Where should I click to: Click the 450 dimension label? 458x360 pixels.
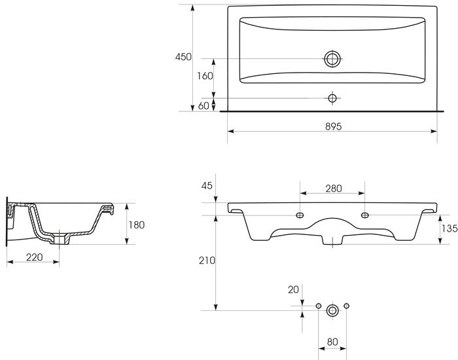(x=183, y=57)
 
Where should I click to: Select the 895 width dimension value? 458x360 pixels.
(x=333, y=126)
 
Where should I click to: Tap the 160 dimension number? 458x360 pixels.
(x=205, y=76)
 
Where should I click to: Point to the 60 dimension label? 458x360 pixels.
(x=203, y=106)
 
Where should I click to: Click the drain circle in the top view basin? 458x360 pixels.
(x=332, y=59)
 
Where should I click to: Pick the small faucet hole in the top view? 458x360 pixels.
(x=332, y=98)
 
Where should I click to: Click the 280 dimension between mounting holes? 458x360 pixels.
(x=334, y=189)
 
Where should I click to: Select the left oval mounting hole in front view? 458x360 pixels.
(x=300, y=215)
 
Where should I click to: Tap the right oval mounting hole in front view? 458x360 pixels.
(x=365, y=215)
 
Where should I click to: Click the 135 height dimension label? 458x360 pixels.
(x=449, y=228)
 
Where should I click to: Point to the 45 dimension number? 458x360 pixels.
(x=207, y=185)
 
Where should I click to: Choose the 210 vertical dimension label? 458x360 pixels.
(x=207, y=261)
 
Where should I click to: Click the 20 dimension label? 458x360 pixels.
(x=293, y=289)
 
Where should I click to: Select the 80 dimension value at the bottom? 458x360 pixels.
(x=332, y=342)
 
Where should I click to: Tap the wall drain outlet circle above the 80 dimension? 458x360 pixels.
(x=332, y=311)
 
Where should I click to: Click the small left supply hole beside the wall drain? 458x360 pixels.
(x=319, y=306)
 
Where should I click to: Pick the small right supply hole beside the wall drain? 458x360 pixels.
(x=346, y=306)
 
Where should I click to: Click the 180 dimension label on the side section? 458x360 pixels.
(x=137, y=225)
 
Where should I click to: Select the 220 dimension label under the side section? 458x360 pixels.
(x=35, y=257)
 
